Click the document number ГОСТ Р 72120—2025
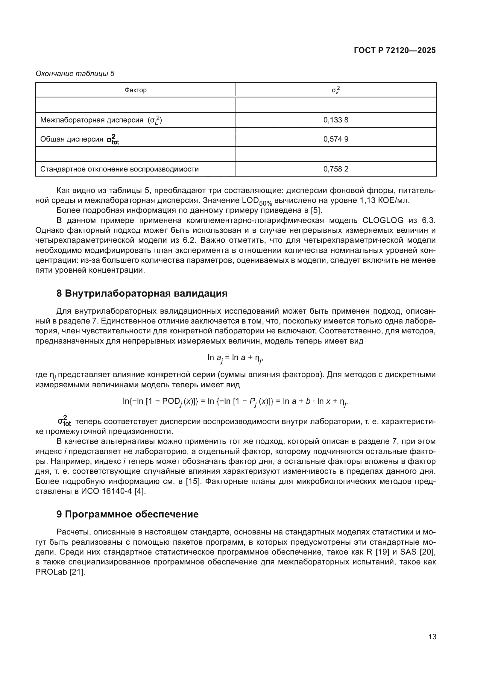[395, 50]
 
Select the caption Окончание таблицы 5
[75, 74]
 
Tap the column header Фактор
[135, 90]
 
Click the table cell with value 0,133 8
[335, 120]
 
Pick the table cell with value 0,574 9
[335, 139]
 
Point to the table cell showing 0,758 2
[335, 169]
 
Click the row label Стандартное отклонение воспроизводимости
[119, 169]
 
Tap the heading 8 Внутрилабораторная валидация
[142, 293]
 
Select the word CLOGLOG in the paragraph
[383, 221]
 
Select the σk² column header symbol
[335, 90]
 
